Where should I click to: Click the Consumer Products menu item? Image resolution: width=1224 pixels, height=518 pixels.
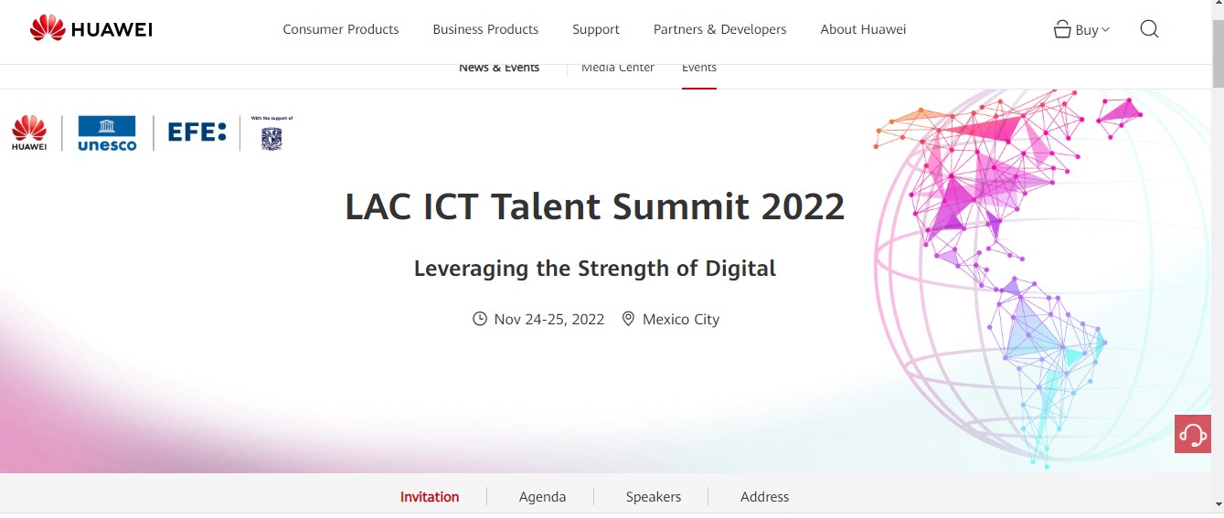[340, 29]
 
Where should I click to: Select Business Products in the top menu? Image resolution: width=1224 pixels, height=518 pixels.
[485, 29]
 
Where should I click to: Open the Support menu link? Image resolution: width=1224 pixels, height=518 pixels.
[596, 30]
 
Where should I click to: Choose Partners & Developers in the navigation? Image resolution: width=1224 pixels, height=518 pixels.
[719, 29]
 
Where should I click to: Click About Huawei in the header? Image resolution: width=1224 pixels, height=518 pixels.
[863, 29]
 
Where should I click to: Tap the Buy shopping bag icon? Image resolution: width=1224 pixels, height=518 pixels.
[1061, 29]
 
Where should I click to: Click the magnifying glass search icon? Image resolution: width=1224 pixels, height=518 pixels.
[1149, 29]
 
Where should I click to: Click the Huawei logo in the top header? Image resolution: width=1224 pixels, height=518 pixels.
[91, 27]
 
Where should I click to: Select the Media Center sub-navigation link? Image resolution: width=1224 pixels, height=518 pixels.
[617, 68]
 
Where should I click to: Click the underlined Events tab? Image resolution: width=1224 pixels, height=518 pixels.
[699, 68]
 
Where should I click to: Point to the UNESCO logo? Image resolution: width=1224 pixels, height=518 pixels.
[107, 133]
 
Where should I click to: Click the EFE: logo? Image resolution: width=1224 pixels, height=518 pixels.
[197, 132]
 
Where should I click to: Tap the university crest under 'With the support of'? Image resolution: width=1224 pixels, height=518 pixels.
[271, 139]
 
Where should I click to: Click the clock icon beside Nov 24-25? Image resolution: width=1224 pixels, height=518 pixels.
[479, 319]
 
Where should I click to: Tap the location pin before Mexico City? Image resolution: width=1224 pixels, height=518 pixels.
[628, 319]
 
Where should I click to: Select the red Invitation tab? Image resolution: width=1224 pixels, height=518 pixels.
[430, 497]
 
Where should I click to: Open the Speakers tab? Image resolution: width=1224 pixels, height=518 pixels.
[653, 497]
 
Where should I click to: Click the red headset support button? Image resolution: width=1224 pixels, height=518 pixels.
[1192, 434]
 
